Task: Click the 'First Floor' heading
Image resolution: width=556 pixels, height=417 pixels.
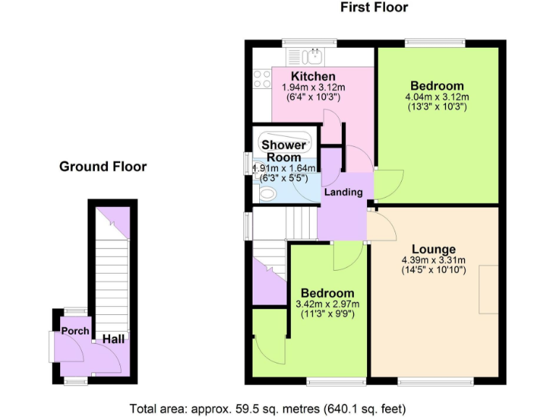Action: point(374,8)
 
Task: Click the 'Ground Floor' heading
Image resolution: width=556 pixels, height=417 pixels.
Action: point(103,167)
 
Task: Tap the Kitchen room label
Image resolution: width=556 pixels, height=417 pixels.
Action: point(313,76)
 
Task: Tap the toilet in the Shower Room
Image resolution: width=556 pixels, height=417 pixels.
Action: point(266,193)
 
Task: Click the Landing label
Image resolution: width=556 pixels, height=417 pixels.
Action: point(343,193)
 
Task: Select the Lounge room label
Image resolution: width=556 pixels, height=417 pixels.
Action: point(434,249)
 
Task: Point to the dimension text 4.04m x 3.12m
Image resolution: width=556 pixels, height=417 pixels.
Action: point(437,97)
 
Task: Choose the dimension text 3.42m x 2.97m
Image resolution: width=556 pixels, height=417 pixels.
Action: point(328,304)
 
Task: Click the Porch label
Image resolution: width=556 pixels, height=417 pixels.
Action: point(75,331)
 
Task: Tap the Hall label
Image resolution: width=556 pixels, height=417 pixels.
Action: point(111,339)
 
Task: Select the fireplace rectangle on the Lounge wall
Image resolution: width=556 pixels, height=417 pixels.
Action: point(487,290)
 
